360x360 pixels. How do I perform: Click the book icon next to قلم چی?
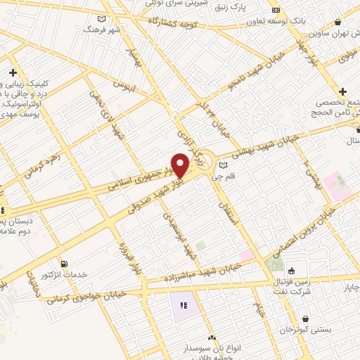(223, 165)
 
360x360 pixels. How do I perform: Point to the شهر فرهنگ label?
(97, 30)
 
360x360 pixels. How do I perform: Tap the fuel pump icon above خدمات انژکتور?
(65, 264)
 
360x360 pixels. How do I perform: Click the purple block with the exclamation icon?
(184, 305)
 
